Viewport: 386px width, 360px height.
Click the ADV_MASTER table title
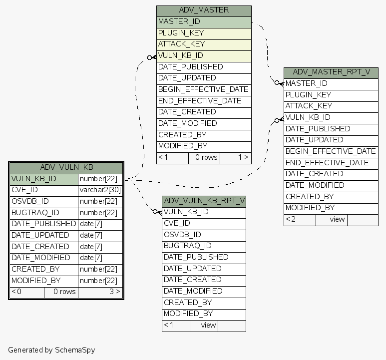(204, 10)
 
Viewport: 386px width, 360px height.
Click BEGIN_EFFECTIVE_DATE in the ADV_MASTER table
(203, 89)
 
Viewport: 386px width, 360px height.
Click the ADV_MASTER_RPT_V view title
(331, 72)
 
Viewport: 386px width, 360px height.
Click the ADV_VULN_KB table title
(66, 167)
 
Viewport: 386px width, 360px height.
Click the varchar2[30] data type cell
(100, 190)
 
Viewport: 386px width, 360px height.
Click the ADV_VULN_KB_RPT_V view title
(204, 201)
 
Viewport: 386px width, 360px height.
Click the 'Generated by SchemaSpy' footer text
(51, 350)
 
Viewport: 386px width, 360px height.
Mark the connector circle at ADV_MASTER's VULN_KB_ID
(149, 57)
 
